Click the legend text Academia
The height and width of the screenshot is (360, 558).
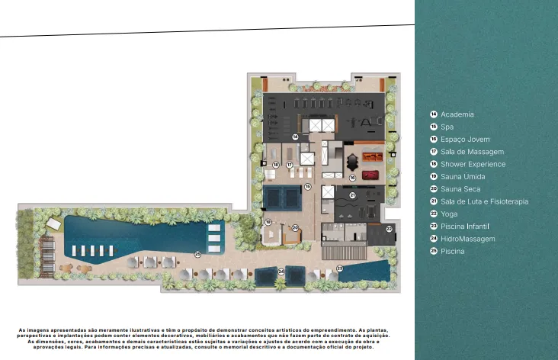457,114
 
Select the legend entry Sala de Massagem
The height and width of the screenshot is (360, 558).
472,152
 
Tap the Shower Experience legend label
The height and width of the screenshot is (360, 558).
473,164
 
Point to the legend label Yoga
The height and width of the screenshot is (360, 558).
449,214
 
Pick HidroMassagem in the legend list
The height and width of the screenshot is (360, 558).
468,239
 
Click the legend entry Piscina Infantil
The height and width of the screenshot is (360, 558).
465,227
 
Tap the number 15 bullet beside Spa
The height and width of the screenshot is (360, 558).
434,127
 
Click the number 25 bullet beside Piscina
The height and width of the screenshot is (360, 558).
434,252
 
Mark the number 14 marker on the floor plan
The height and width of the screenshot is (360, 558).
294,137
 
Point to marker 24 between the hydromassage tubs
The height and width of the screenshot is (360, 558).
281,272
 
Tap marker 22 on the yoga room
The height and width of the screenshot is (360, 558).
388,229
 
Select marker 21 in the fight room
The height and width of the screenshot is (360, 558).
352,195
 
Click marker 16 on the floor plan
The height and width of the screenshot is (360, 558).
352,177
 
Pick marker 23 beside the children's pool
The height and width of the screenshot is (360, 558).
340,268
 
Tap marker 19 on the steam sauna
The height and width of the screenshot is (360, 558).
268,222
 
